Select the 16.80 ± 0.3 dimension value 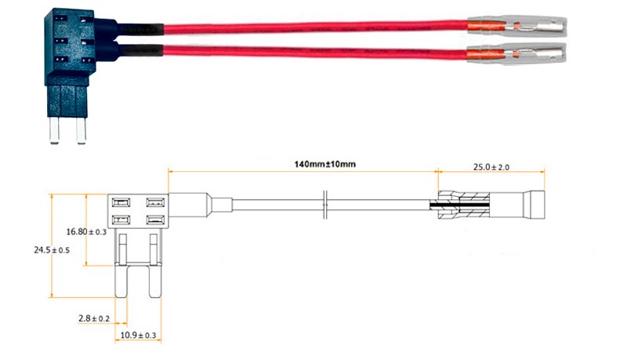pyautogui.click(x=87, y=231)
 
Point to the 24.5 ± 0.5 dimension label pyautogui.click(x=51, y=250)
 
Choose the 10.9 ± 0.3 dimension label pyautogui.click(x=138, y=336)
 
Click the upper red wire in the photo pyautogui.click(x=313, y=28)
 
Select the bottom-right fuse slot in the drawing pyautogui.click(x=154, y=220)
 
